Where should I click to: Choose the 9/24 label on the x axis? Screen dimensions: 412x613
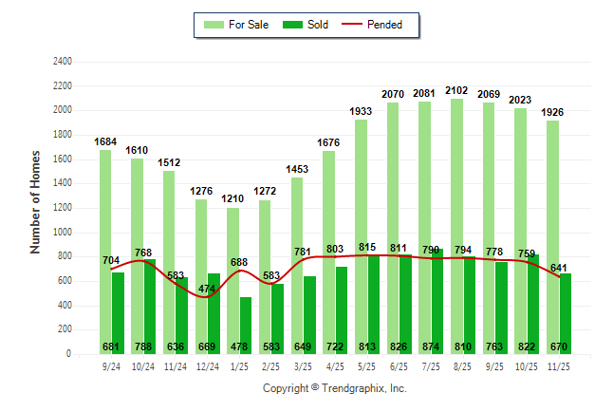pos(112,365)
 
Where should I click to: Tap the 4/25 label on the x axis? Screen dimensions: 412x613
pos(337,365)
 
